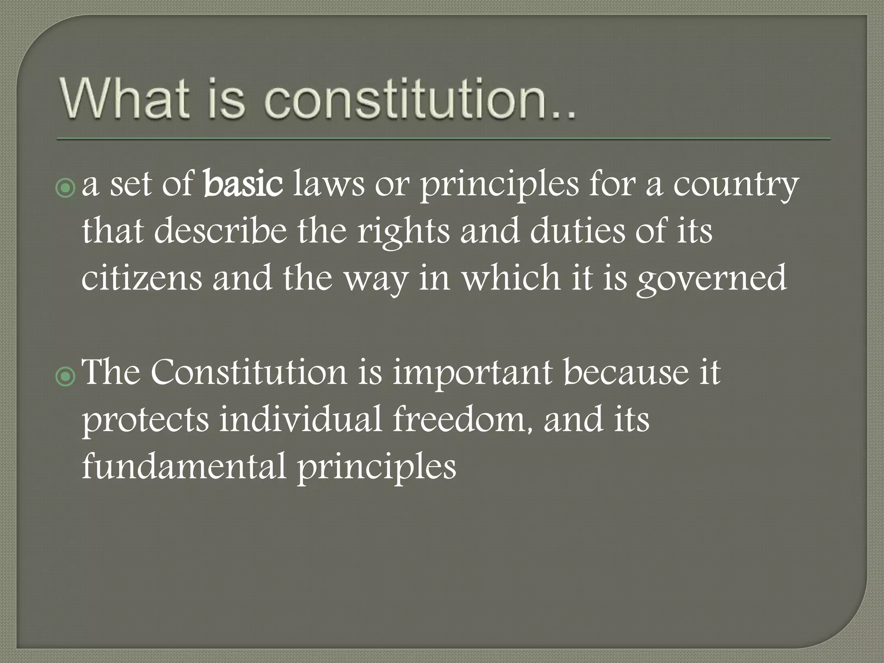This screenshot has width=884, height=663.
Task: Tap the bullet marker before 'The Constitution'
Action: pyautogui.click(x=65, y=376)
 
